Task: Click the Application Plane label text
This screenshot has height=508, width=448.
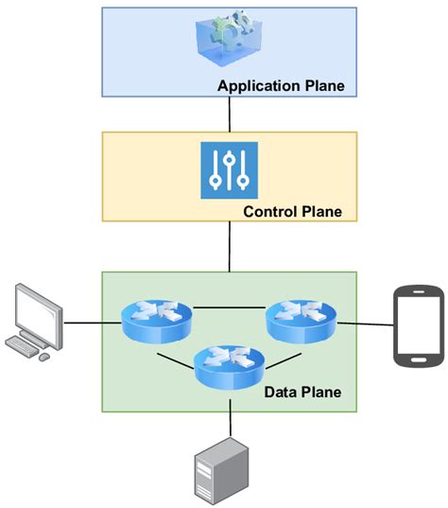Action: (281, 87)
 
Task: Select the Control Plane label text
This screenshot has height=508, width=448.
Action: (292, 211)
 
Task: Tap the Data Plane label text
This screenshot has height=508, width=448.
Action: (302, 391)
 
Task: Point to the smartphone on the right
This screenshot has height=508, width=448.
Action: (419, 327)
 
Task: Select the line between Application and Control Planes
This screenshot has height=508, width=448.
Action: (229, 114)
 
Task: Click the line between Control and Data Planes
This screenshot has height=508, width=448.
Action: (229, 247)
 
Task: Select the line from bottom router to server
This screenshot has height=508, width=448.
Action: (229, 416)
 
